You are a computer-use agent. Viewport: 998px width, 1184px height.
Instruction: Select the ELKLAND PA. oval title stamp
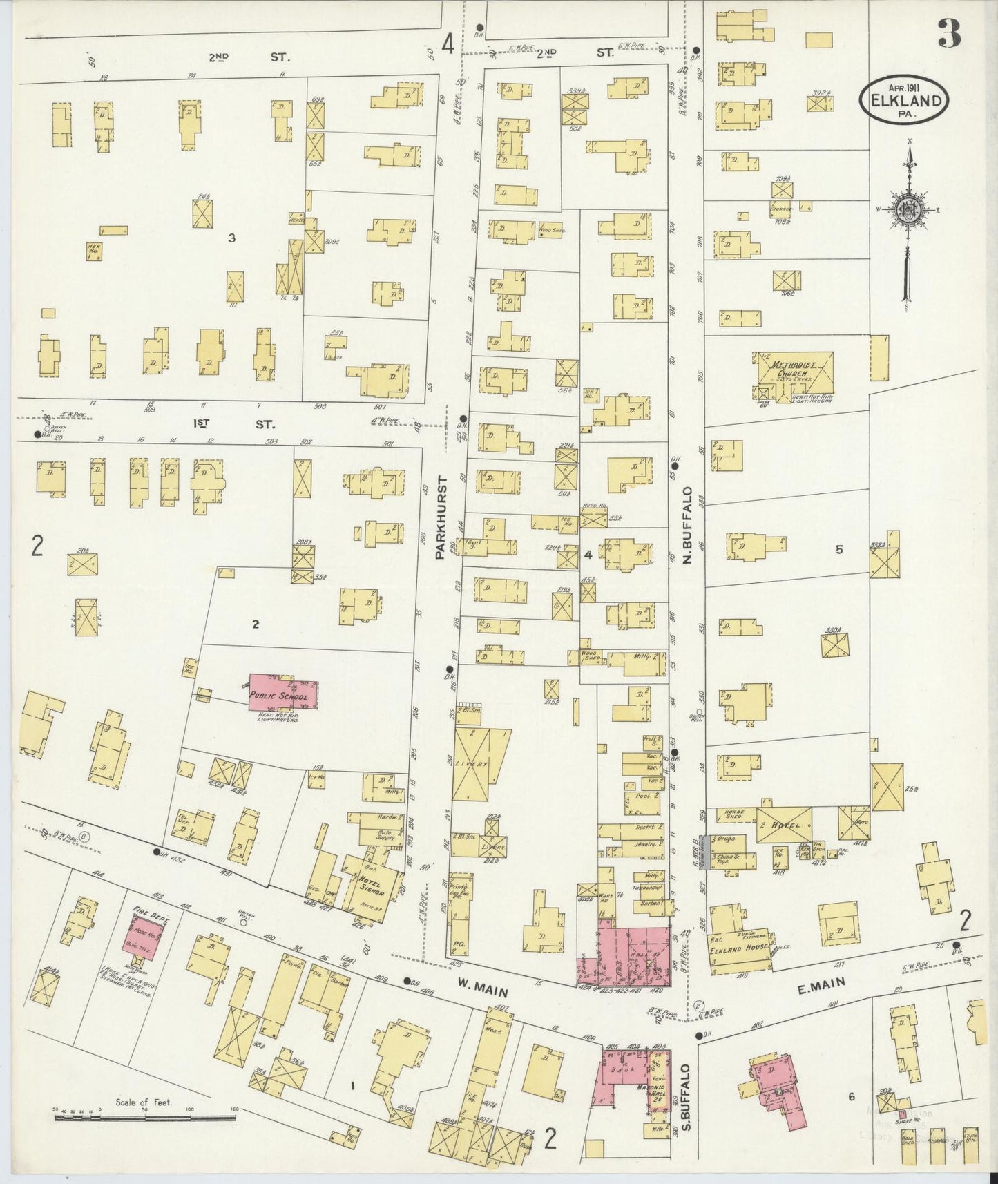(x=904, y=102)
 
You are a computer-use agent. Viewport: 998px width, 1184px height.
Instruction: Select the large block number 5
(x=839, y=550)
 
